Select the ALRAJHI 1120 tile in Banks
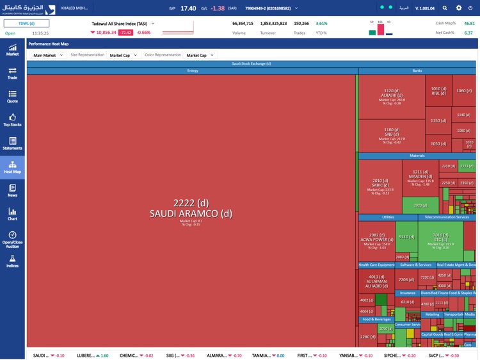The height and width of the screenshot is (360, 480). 392,96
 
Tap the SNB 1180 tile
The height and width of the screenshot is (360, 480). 392,135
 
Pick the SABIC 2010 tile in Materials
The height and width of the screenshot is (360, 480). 380,186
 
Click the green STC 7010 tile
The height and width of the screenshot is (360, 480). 440,241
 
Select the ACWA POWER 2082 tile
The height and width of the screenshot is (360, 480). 377,241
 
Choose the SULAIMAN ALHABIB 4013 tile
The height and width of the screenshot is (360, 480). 377,282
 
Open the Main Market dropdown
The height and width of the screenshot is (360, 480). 48,56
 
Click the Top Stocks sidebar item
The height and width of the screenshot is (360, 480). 12,120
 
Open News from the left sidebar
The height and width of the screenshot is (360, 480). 12,190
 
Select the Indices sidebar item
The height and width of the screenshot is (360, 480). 12,261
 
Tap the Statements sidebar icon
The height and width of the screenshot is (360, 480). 12,143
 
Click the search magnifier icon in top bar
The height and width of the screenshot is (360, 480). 445,8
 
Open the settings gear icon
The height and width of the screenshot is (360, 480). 458,8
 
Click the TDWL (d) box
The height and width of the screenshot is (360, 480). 26,24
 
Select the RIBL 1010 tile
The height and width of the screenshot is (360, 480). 438,91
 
